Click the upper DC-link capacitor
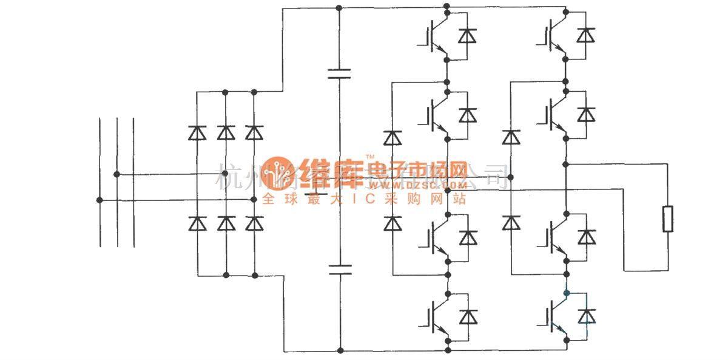pos(339,74)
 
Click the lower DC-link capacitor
pos(339,270)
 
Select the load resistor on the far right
pos(669,219)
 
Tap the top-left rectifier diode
pos(197,132)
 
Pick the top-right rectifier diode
pos(254,132)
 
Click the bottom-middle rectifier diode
pos(226,224)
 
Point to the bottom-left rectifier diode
pos(197,224)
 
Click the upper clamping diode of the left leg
pos(394,138)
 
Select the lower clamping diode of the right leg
pos(511,223)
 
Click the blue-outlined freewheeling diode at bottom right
pos(586,316)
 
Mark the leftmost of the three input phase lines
pos(99,182)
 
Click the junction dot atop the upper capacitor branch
pos(339,8)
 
